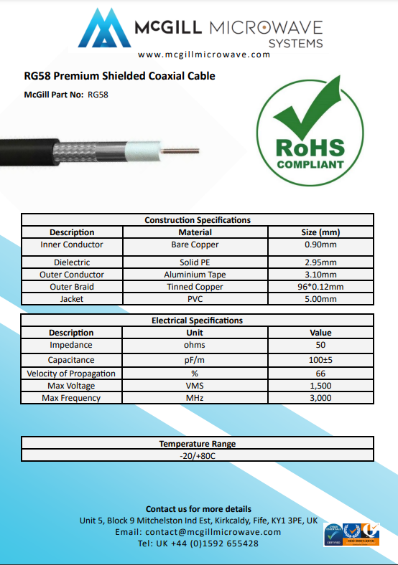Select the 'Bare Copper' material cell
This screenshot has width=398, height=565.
[x=195, y=244]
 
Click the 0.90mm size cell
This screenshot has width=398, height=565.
[x=320, y=244]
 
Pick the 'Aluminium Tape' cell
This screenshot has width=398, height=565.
[x=195, y=275]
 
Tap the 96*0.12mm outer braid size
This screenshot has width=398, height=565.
[x=320, y=287]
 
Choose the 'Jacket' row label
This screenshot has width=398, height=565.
[x=71, y=299]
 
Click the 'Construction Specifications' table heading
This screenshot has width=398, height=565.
[x=198, y=220]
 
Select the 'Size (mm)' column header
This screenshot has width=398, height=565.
[x=320, y=232]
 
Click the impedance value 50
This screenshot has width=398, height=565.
[x=320, y=345]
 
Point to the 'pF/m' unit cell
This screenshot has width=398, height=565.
[x=195, y=360]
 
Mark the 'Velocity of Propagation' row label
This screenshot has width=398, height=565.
[x=71, y=374]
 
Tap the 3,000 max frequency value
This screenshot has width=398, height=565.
[x=320, y=398]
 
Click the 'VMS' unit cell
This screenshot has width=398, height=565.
[x=195, y=386]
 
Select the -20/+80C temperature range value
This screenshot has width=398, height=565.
[x=198, y=455]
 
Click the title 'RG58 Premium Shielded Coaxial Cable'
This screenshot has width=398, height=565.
[x=119, y=76]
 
